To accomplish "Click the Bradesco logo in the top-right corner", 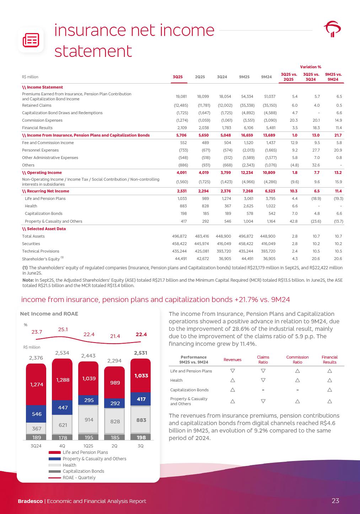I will point(333,29).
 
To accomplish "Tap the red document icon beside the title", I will point(31,40).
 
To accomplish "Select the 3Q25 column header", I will point(178,77).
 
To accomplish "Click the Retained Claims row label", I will point(37,105).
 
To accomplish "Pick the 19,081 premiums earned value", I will point(181,96).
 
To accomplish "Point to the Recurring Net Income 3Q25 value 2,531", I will point(182,191).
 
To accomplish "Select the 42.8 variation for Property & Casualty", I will point(294,221).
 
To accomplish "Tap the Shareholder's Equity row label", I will point(41,259).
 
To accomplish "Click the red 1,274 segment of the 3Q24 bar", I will point(36,384).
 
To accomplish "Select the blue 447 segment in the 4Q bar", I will point(63,408).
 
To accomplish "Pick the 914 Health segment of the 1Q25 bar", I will point(88,420).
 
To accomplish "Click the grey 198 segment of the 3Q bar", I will point(141,437).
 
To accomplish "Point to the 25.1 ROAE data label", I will point(63,329).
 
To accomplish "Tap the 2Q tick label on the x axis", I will point(114,446).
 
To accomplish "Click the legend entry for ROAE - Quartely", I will point(79,477).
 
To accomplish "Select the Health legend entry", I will point(69,465).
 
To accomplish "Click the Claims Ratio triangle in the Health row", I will point(263,380).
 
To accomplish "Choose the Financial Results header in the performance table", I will point(329,360).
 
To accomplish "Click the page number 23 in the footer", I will point(335,501).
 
